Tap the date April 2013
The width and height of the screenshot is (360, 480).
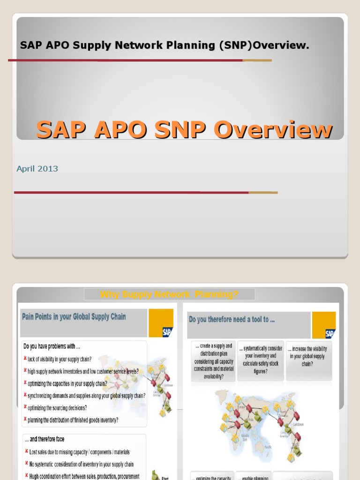click(37, 169)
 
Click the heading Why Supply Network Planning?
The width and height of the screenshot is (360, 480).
click(169, 294)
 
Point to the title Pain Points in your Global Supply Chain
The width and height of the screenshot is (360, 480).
click(74, 317)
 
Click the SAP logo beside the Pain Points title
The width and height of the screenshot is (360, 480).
click(167, 332)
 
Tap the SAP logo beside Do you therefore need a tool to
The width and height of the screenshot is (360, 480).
click(330, 333)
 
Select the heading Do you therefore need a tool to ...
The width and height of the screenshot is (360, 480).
click(232, 320)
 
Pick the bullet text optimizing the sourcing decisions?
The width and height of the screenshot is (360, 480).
click(57, 408)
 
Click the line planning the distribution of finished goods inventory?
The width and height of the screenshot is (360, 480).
click(73, 420)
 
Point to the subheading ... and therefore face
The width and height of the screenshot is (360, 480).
click(44, 439)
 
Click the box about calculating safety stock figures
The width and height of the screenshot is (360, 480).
click(260, 360)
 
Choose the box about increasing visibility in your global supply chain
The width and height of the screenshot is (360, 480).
click(307, 356)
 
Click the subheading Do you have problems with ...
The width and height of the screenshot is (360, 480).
click(51, 347)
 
